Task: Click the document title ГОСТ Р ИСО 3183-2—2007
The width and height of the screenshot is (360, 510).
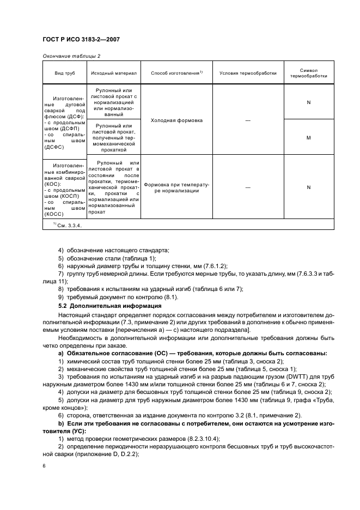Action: pos(81,39)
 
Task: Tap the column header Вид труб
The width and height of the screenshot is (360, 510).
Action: pos(65,73)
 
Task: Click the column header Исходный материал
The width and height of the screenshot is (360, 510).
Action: pos(114,73)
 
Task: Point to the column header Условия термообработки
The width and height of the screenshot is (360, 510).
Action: pos(248,73)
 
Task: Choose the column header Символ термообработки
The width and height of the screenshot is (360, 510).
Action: pos(308,73)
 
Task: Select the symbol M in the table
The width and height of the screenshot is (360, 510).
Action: pos(308,137)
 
